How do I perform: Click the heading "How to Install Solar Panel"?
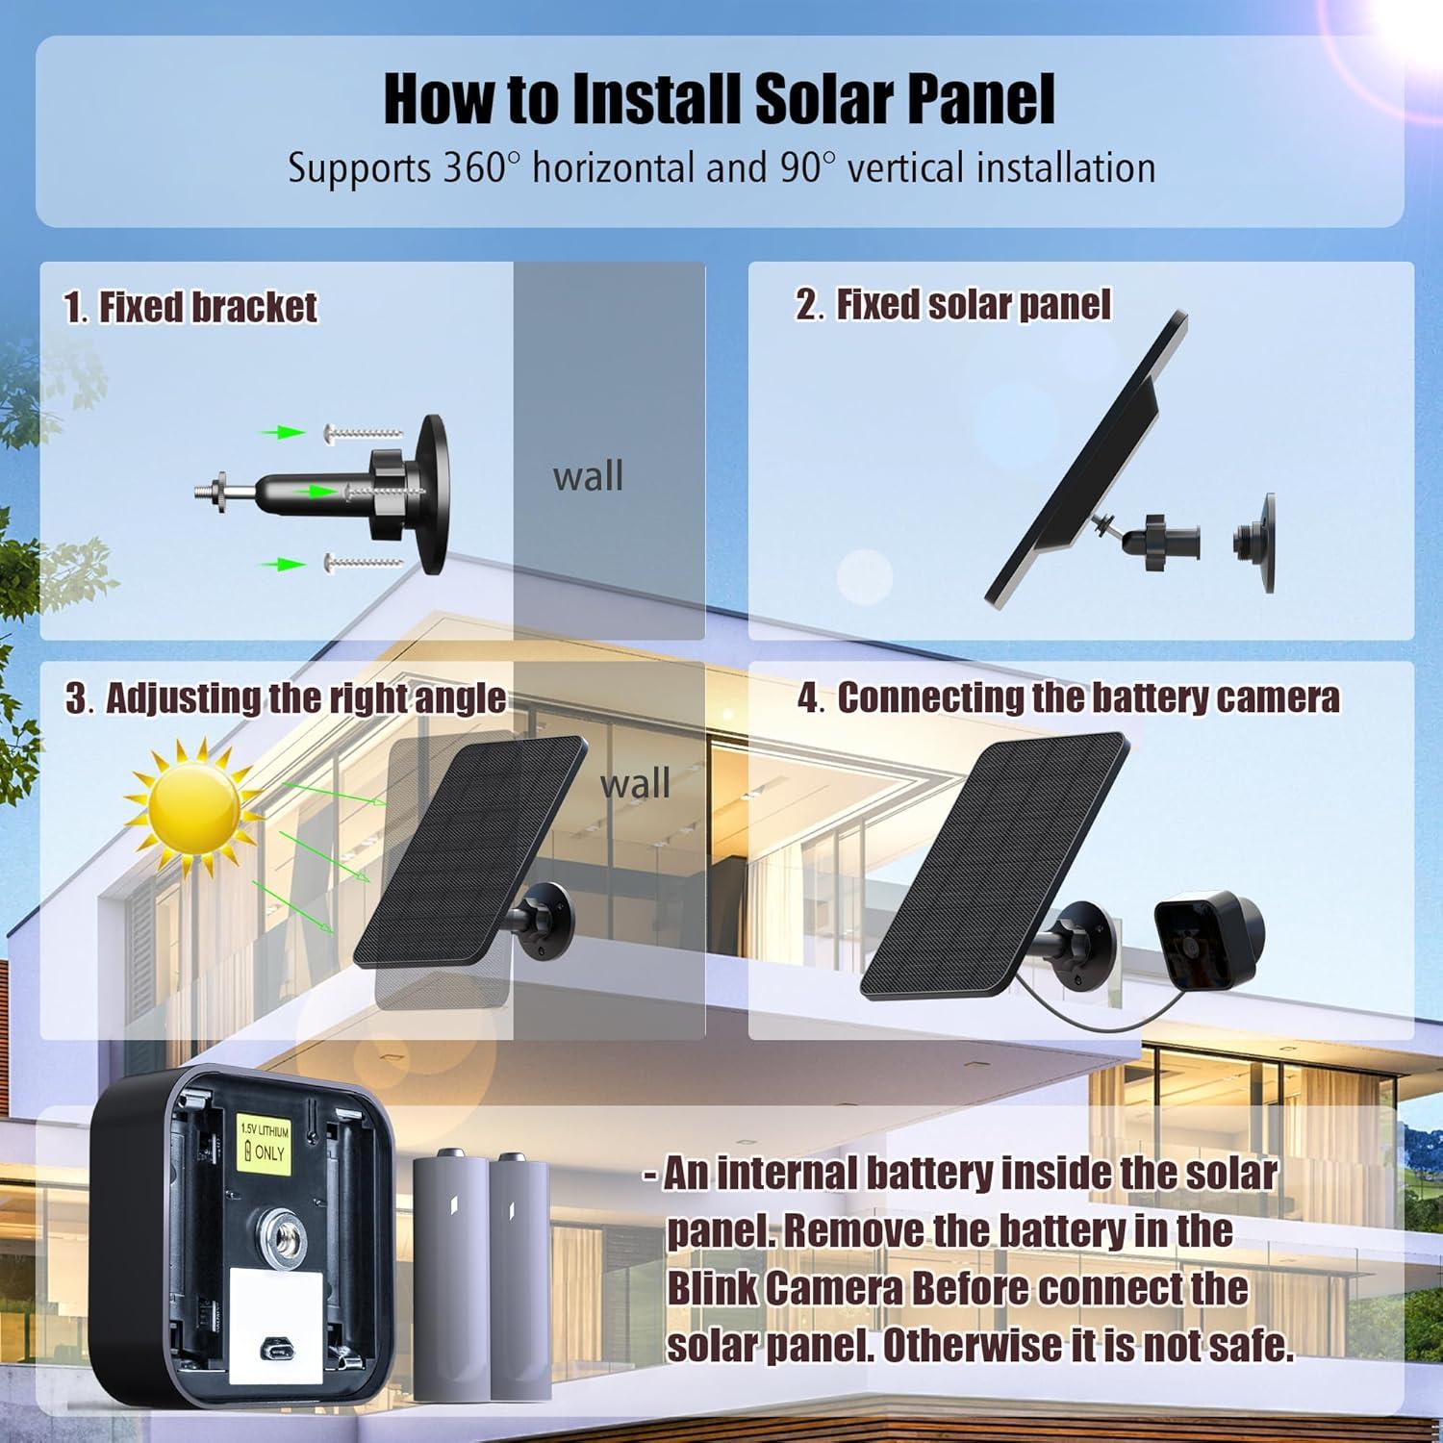pyautogui.click(x=720, y=98)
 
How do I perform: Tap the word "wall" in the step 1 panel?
pyautogui.click(x=588, y=476)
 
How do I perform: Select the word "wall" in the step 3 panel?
pyautogui.click(x=635, y=783)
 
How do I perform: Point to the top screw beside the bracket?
pyautogui.click(x=363, y=433)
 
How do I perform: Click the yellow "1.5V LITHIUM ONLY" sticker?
pyautogui.click(x=264, y=1144)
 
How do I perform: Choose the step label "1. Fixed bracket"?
pyautogui.click(x=190, y=308)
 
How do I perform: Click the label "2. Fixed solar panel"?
pyautogui.click(x=952, y=305)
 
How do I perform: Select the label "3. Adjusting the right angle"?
pyautogui.click(x=286, y=698)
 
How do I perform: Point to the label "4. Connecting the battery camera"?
pyautogui.click(x=1068, y=698)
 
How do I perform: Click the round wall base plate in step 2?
pyautogui.click(x=1256, y=542)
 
